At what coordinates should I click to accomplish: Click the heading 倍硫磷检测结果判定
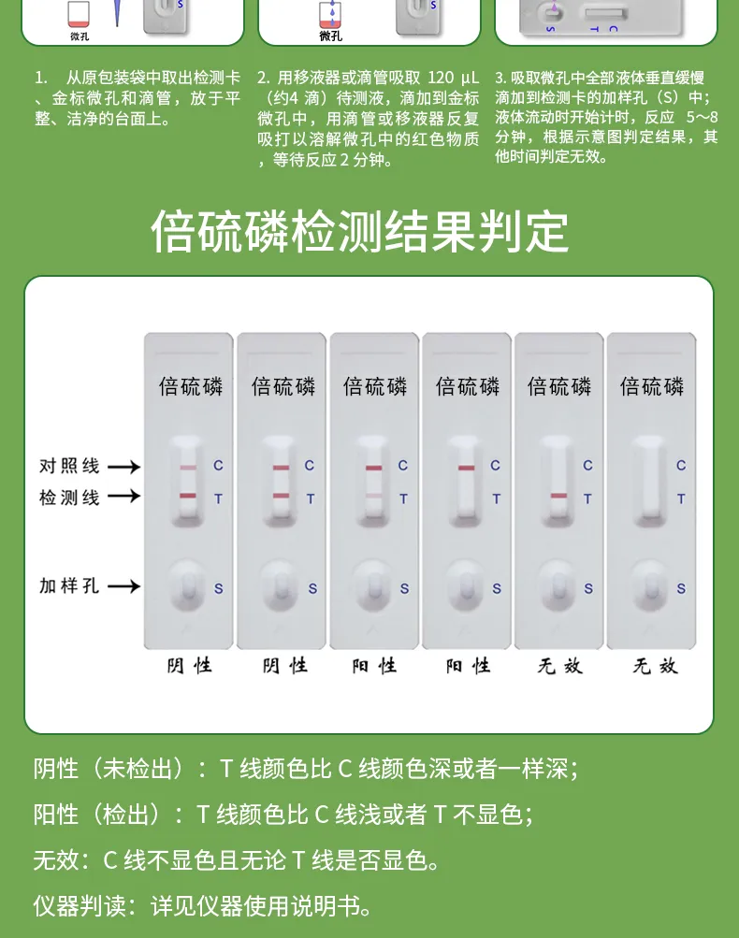pos(359,232)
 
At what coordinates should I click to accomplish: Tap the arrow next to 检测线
pos(123,497)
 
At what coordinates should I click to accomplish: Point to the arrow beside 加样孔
pos(123,586)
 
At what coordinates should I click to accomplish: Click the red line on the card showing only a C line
pos(466,468)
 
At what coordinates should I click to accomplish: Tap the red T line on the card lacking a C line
pos(558,496)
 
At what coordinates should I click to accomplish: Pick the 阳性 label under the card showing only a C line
pos(468,666)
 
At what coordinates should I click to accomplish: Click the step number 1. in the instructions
pos(41,77)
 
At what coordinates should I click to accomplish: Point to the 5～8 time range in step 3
pos(702,117)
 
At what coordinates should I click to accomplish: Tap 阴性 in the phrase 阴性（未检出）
pos(56,769)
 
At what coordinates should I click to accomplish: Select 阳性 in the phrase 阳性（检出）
pos(56,815)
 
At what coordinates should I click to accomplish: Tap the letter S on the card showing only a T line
pos(588,589)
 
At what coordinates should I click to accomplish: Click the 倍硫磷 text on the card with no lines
pos(652,386)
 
